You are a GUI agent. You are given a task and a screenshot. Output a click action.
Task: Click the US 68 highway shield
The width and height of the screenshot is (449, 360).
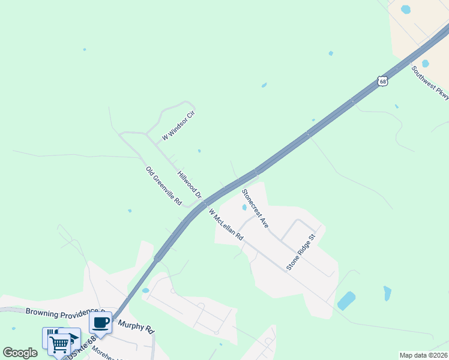(383, 81)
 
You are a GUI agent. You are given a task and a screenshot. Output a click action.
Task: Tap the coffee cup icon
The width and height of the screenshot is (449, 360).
(100, 323)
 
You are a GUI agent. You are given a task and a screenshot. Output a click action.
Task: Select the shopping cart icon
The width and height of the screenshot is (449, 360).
(59, 344)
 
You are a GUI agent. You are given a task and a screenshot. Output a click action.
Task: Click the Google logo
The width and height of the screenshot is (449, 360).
(20, 353)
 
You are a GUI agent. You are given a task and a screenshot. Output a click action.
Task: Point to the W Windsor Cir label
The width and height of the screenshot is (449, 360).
(179, 125)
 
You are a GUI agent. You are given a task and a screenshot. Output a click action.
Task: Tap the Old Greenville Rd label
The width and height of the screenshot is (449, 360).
(163, 186)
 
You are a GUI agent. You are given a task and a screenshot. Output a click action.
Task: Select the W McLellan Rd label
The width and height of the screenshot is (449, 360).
(226, 224)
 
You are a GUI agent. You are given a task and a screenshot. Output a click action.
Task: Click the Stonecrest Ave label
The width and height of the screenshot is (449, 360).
(255, 208)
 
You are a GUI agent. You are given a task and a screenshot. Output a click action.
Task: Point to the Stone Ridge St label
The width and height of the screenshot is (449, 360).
(301, 252)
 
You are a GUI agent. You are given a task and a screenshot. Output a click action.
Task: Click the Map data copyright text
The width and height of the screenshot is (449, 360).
(424, 355)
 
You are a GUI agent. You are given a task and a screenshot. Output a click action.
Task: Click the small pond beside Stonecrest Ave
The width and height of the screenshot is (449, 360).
(244, 208)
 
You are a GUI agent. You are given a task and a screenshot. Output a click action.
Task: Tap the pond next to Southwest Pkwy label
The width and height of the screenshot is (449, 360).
(425, 64)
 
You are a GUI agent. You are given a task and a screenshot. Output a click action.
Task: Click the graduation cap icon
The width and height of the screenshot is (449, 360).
(70, 337)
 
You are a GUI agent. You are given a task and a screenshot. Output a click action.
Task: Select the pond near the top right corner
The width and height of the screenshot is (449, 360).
(406, 10)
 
